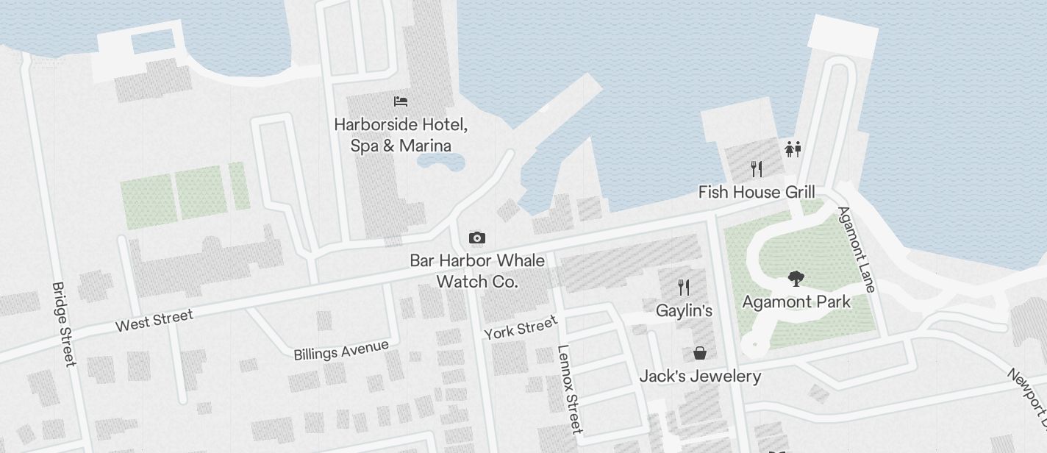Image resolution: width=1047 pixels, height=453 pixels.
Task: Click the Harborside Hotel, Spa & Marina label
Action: tap(401, 135)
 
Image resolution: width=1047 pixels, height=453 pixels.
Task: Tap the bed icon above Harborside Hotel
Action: tap(401, 101)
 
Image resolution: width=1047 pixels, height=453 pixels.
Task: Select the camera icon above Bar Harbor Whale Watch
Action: tap(476, 238)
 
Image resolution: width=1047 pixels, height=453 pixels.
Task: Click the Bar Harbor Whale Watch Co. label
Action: tap(477, 271)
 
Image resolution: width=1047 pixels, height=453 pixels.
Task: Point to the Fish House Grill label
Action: tap(757, 192)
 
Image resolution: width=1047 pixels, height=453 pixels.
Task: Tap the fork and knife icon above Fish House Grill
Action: tap(757, 169)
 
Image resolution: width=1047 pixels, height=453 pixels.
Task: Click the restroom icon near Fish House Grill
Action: tap(792, 149)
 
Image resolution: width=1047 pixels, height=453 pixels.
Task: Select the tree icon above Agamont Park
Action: tap(795, 278)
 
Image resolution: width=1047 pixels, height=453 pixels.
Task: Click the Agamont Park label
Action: tap(796, 302)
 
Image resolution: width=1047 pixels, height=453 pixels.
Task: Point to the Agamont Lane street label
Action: tap(857, 249)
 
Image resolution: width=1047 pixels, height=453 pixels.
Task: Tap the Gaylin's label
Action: tap(684, 310)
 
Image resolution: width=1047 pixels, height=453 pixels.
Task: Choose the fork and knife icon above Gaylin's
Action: tap(684, 287)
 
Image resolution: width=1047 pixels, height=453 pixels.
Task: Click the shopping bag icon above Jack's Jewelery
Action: tap(700, 354)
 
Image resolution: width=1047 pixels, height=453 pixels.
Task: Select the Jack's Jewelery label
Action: tap(700, 377)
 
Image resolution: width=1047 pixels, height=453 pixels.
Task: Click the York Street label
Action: tap(521, 328)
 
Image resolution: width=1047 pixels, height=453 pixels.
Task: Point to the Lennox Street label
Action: tap(570, 388)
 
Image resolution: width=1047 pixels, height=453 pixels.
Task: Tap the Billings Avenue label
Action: tap(340, 350)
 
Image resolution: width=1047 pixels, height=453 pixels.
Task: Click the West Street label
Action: tap(154, 321)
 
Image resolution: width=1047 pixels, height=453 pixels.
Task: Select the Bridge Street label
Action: tap(64, 324)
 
